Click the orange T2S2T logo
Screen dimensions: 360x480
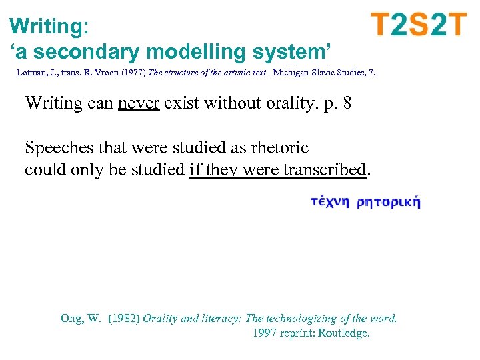[x=419, y=25]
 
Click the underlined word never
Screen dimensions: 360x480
[x=139, y=103]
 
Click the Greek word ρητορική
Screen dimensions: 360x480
[x=389, y=203]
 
